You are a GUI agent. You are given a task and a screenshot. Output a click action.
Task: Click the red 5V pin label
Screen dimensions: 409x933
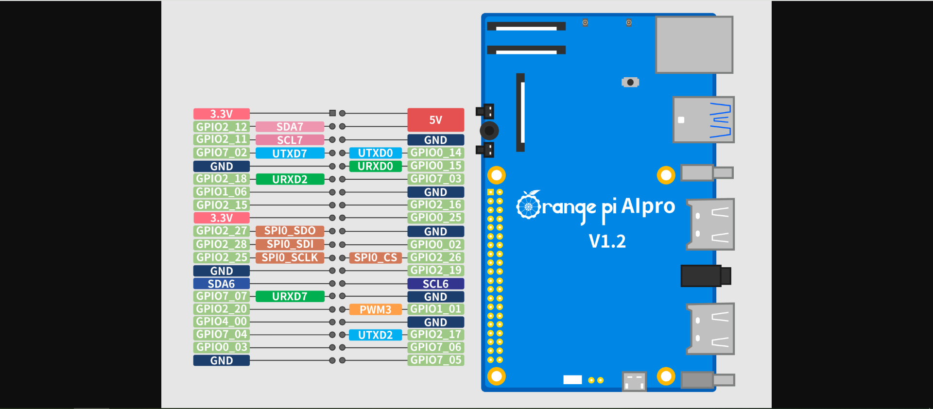[x=435, y=120]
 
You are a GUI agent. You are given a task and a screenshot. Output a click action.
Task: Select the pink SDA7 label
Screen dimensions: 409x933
[x=290, y=127]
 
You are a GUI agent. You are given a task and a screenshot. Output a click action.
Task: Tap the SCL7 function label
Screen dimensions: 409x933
[x=290, y=140]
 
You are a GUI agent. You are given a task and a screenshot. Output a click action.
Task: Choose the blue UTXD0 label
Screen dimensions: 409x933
[x=375, y=153]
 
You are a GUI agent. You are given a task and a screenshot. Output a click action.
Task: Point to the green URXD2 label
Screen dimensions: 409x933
[x=290, y=179]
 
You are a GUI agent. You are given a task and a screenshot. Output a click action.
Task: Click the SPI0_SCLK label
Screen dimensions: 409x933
[x=290, y=257]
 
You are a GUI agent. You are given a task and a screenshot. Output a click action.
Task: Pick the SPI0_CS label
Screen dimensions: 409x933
[x=375, y=257]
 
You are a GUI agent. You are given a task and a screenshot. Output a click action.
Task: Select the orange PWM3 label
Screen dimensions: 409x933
[x=375, y=309]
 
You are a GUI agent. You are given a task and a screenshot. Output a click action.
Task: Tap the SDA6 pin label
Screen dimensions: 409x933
[x=222, y=284]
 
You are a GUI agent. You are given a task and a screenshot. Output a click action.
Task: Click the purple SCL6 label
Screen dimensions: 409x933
[x=435, y=284]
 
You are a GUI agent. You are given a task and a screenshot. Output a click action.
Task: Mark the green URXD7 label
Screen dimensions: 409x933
[x=290, y=296]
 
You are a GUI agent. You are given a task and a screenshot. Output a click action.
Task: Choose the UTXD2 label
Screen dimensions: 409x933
[x=375, y=335]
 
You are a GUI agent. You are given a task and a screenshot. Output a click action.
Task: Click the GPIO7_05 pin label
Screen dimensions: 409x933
[x=435, y=360]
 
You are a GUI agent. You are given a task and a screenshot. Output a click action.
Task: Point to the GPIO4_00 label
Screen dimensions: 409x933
[x=222, y=322]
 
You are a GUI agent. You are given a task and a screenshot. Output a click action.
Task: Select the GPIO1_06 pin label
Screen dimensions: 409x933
[x=222, y=192]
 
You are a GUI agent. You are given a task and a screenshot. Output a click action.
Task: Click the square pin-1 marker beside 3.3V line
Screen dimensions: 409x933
[x=332, y=113]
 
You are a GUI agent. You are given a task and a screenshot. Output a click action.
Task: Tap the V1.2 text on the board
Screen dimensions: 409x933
[x=607, y=241]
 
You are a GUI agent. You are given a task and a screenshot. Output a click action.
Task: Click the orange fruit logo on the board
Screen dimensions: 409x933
[x=528, y=205]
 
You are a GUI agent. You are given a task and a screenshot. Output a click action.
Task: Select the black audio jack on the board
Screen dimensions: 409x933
[x=705, y=276]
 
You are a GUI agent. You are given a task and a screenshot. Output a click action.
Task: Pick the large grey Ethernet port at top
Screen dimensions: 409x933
[x=694, y=45]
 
